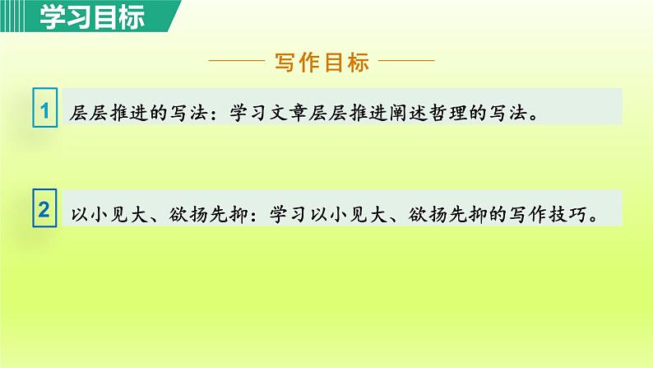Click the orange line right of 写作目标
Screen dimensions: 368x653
pyautogui.click(x=406, y=62)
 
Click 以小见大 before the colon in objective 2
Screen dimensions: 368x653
pyautogui.click(x=110, y=212)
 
